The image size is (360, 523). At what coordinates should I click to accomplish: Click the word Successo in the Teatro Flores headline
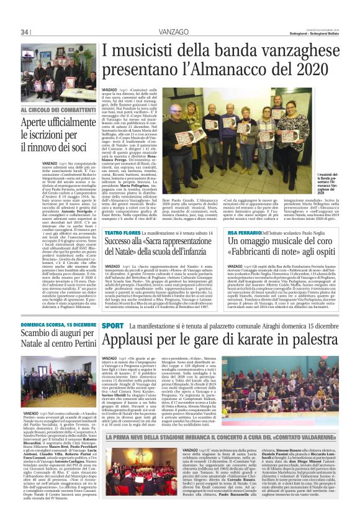tap(123, 243)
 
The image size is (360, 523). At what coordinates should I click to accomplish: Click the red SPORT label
tap(112, 325)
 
